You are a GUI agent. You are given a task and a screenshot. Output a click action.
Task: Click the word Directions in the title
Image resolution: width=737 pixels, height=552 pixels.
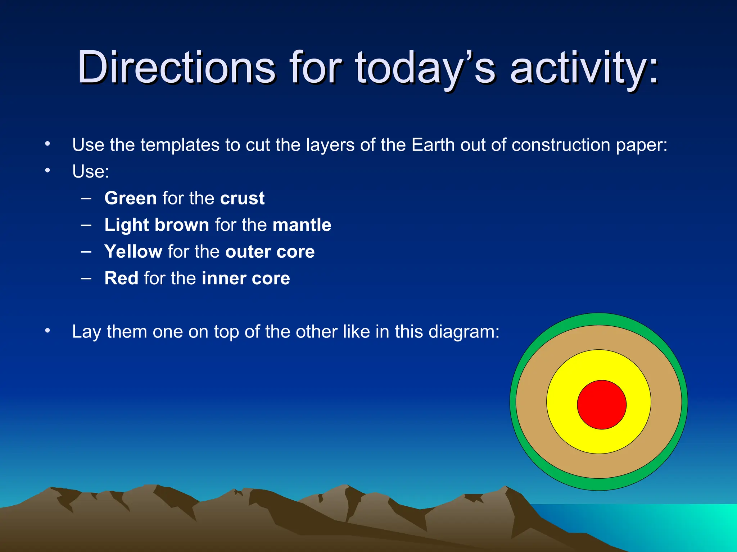pos(176,67)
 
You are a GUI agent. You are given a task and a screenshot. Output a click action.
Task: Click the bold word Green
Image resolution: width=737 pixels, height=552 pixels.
pos(130,198)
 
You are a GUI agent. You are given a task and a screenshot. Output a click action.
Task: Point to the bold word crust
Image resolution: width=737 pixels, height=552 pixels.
pos(242,198)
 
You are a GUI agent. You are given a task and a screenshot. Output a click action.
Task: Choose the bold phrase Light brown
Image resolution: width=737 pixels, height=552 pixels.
pos(157,225)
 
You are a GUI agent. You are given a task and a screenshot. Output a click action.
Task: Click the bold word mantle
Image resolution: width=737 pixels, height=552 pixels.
pos(302,225)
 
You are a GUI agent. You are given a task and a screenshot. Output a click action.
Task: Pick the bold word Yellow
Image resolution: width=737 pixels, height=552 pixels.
pos(133,252)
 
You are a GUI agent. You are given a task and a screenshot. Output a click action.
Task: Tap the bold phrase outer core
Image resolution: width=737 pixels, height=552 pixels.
pos(270,252)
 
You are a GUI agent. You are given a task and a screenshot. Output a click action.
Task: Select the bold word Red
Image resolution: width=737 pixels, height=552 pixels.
pos(121,278)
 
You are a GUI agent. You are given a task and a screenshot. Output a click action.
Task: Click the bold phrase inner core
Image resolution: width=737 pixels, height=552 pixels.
pos(246,278)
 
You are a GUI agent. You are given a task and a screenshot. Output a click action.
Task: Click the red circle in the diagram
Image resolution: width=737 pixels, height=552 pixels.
pos(602,405)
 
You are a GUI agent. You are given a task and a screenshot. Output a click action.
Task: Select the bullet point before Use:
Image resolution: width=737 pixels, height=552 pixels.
pos(48,171)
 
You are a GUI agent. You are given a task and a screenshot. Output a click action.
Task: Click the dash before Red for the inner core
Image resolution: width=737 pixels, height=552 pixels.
pos(86,278)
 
